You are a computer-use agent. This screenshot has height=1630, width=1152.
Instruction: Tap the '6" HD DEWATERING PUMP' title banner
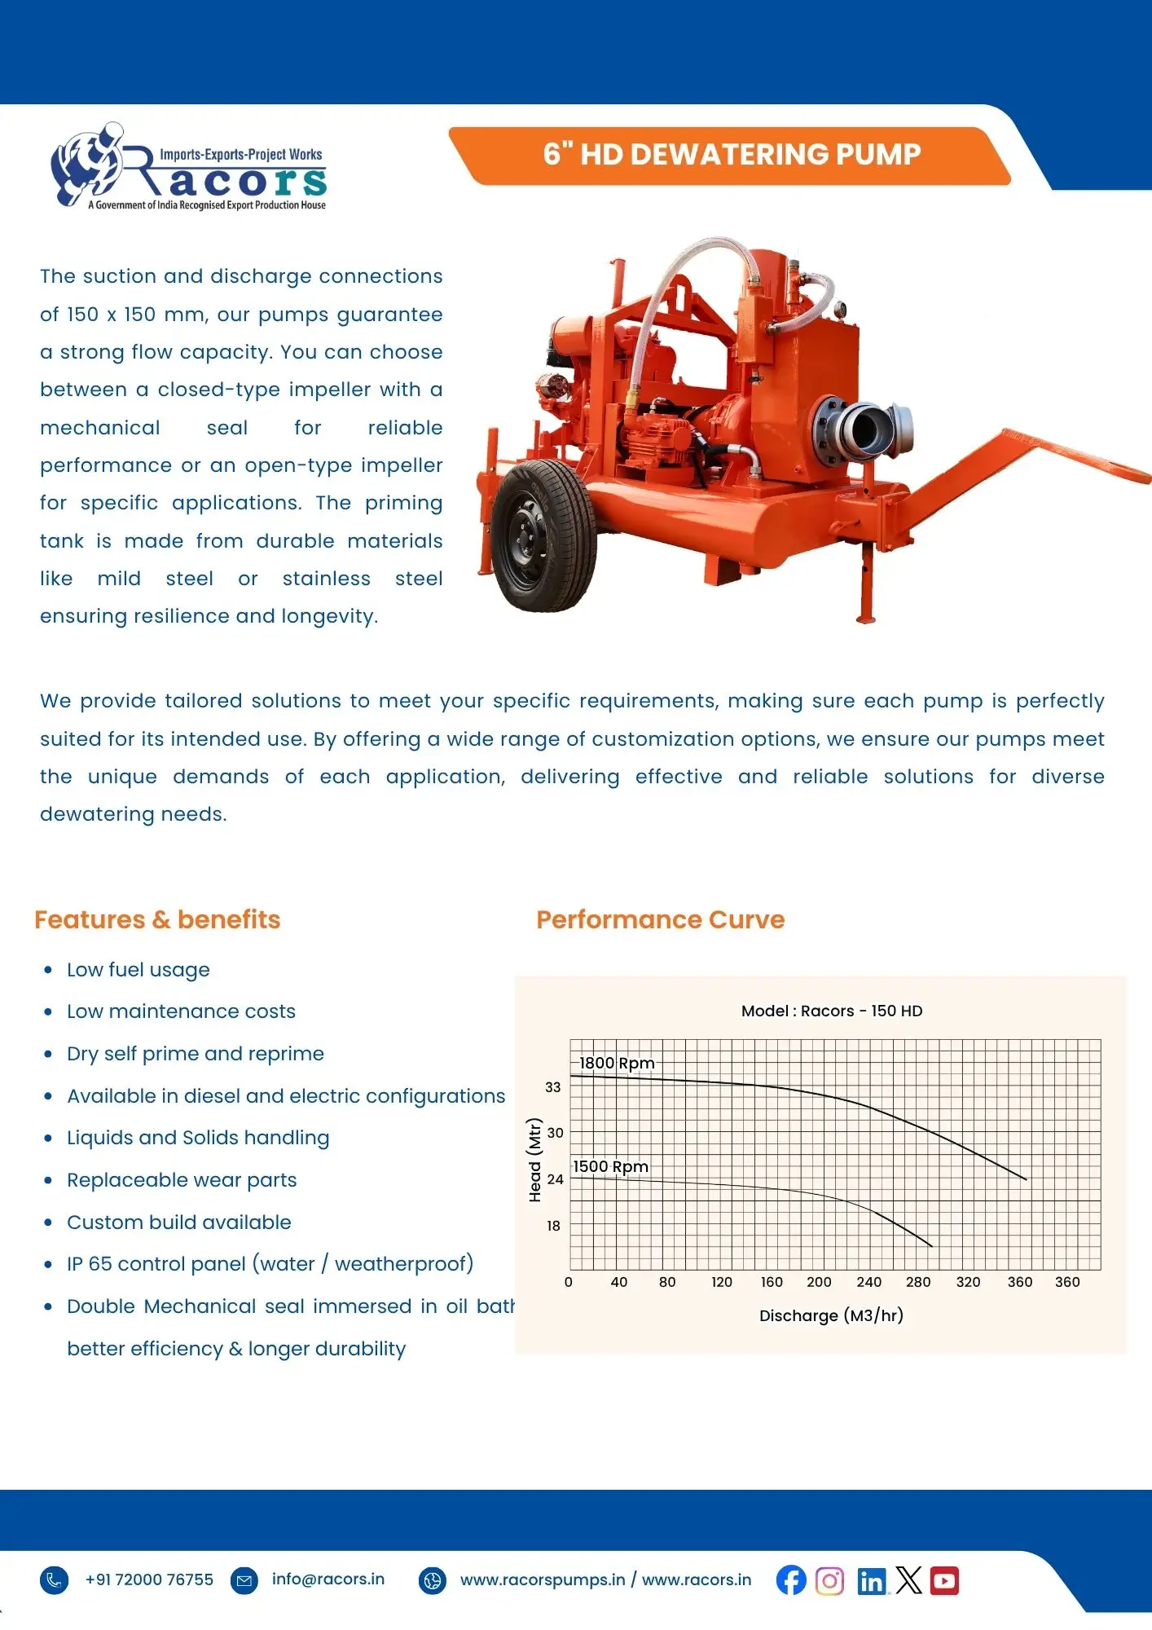point(731,155)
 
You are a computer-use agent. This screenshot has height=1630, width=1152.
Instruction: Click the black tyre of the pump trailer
point(544,535)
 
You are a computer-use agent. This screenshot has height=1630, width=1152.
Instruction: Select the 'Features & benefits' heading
point(157,919)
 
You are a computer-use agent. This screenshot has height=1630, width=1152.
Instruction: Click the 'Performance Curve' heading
point(660,919)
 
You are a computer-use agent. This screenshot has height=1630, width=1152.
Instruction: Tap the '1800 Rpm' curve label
point(617,1063)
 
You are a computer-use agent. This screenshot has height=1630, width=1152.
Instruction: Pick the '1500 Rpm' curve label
point(610,1166)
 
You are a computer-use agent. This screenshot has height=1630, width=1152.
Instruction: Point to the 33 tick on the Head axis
point(553,1087)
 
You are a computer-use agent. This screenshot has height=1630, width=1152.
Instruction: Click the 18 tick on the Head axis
point(553,1226)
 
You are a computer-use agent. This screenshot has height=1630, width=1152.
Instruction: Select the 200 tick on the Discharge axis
point(819,1282)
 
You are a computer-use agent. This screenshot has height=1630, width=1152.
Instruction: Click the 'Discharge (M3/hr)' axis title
point(831,1315)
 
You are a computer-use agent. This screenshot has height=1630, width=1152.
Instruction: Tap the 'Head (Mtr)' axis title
point(535,1160)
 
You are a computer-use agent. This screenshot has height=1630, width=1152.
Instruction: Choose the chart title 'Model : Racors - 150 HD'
point(832,1011)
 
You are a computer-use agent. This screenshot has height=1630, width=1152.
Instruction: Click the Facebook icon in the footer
point(791,1580)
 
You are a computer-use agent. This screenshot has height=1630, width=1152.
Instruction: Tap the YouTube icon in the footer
point(944,1580)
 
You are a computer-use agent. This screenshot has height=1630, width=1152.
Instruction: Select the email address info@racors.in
point(328,1579)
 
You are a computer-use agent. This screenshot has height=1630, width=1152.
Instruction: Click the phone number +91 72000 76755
point(149,1579)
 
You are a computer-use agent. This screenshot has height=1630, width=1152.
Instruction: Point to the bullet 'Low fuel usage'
point(139,970)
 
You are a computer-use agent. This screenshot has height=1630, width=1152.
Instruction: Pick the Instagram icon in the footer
point(829,1581)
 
